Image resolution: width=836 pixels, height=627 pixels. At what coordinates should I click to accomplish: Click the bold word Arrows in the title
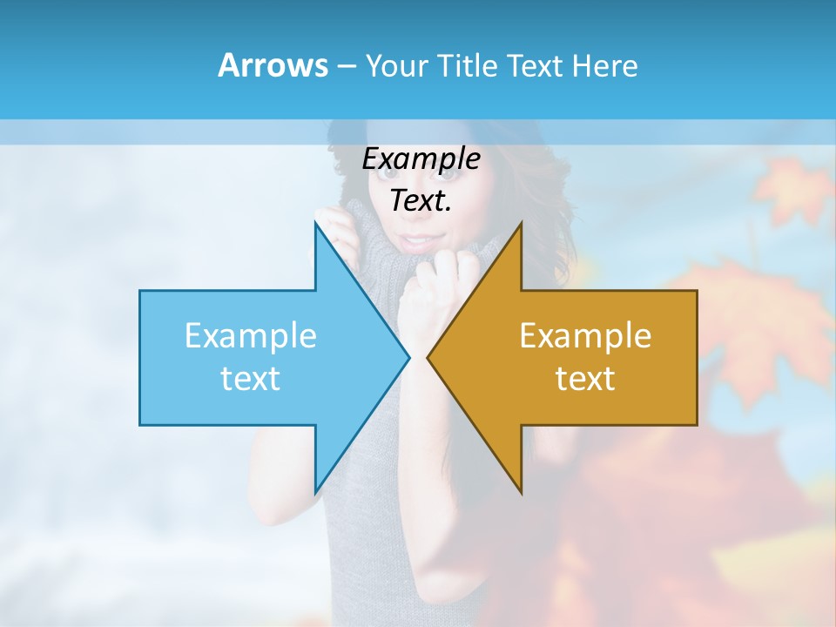pos(273,65)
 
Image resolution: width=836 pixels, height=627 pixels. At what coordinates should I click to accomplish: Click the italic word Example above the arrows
pos(421,159)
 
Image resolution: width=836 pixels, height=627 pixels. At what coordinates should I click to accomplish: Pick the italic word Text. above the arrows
pos(421,200)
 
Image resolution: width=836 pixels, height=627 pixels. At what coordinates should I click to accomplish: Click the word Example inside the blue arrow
pos(250,336)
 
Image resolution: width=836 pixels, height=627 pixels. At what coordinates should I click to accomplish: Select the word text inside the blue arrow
pos(250,379)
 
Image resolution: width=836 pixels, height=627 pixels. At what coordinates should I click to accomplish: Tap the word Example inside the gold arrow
pos(585,336)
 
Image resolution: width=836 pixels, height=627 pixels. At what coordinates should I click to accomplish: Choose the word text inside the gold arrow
pos(585,379)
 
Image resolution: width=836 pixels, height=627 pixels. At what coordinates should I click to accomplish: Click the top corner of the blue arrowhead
pos(315,223)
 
